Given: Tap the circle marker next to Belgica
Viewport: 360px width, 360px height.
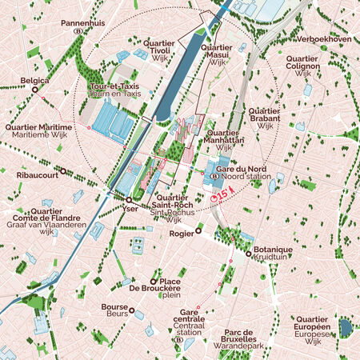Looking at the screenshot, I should click(x=34, y=90).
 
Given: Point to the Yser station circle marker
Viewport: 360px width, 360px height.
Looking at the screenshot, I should click(x=128, y=197).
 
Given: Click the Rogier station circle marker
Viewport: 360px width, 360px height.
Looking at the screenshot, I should click(x=199, y=229).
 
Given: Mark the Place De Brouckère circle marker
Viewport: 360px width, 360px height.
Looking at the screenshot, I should click(x=154, y=282).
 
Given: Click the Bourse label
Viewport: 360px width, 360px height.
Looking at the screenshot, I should click(x=115, y=306).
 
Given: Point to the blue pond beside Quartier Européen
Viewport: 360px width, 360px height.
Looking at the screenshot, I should click(x=346, y=327).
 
